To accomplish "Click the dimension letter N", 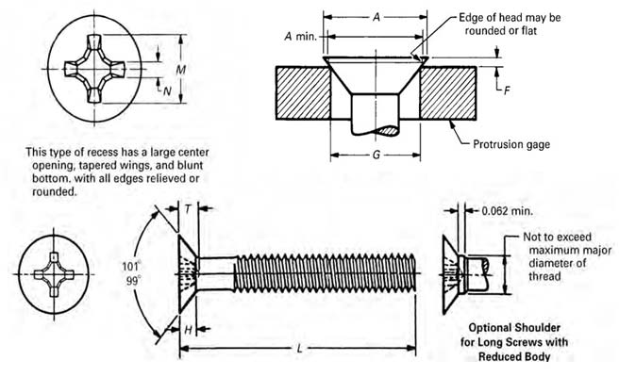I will point(166,90).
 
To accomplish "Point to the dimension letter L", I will point(299,350).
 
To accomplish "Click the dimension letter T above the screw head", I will point(187,212).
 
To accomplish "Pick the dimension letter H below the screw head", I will point(188,329).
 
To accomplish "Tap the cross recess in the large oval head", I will point(94,69).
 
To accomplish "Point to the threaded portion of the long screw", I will point(321,274).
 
